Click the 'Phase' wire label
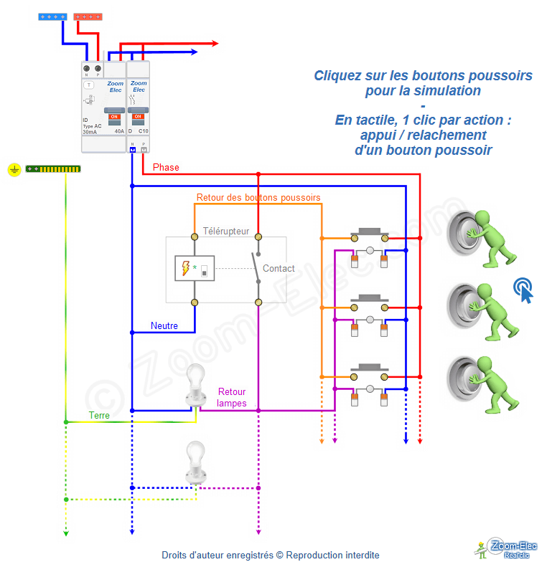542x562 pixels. (166, 168)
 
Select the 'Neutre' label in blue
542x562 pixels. (164, 325)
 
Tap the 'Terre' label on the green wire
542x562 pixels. (99, 415)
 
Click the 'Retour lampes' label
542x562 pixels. (232, 397)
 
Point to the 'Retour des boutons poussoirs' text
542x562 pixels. (258, 197)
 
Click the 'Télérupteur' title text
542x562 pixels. (226, 232)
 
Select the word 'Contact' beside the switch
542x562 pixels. (279, 269)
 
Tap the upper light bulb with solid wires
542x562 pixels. (195, 384)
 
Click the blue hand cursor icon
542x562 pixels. (524, 290)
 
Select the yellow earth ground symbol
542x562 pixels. (14, 169)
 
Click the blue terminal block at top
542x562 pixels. (52, 16)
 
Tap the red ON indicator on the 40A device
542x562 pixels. (113, 116)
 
